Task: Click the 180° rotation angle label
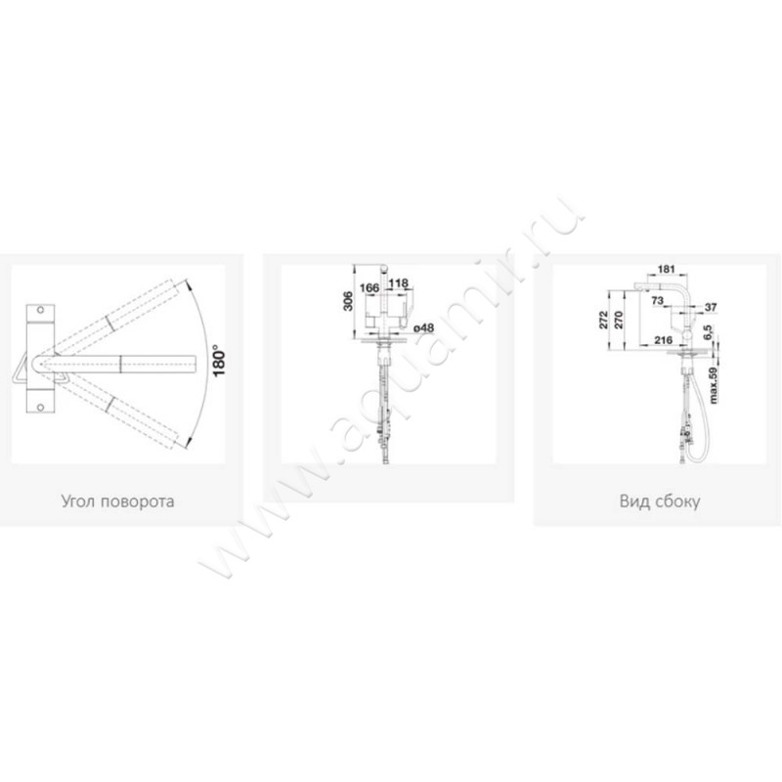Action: coord(218,360)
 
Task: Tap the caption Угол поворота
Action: coord(117,500)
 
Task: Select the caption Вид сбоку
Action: coord(659,500)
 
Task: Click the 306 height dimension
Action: coord(348,301)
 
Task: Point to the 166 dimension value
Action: coord(369,287)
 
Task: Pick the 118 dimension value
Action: coord(399,282)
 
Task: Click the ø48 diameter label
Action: coord(423,327)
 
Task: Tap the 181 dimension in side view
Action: coord(667,270)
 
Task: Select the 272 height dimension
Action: coord(603,320)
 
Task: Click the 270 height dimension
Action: coord(619,320)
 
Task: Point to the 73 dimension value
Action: coord(657,300)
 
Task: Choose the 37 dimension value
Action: coord(711,307)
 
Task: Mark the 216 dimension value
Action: coord(664,340)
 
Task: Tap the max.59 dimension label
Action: coord(714,385)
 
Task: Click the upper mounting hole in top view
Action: coord(40,310)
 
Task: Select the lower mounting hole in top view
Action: coord(40,408)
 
